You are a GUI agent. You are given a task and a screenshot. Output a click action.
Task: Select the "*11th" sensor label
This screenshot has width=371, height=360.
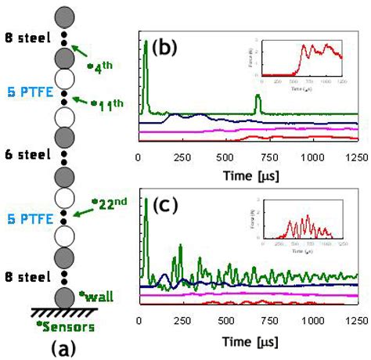(x=106, y=104)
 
